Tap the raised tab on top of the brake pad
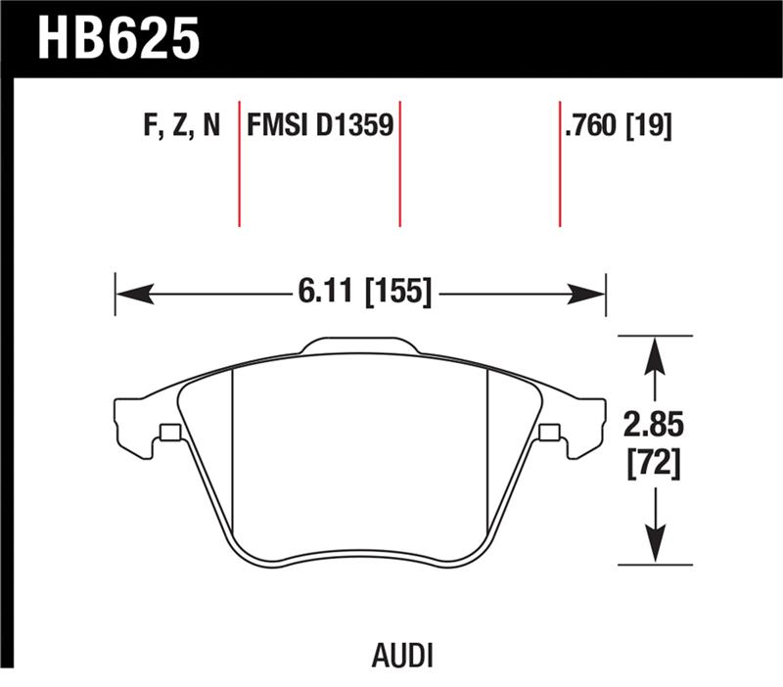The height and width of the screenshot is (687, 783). pos(360,345)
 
